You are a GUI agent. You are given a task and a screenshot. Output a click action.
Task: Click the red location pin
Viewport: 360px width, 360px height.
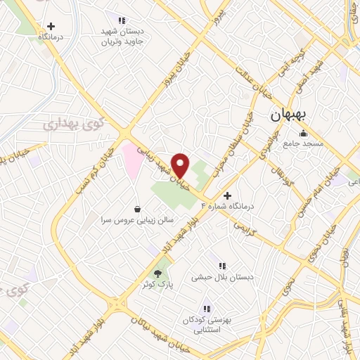pos(181,165)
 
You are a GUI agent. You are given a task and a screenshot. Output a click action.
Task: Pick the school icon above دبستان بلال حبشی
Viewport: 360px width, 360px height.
pos(223,266)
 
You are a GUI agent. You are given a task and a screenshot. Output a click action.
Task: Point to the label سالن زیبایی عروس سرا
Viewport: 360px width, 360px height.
pos(136,219)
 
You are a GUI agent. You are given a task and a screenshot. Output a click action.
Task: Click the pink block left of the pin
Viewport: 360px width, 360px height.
pos(131,158)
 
